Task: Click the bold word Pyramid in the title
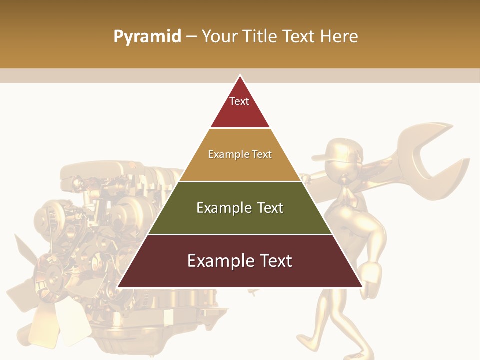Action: click(147, 37)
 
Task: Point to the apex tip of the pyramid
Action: click(240, 76)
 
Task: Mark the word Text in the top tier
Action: click(239, 101)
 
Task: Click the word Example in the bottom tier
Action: click(218, 261)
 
